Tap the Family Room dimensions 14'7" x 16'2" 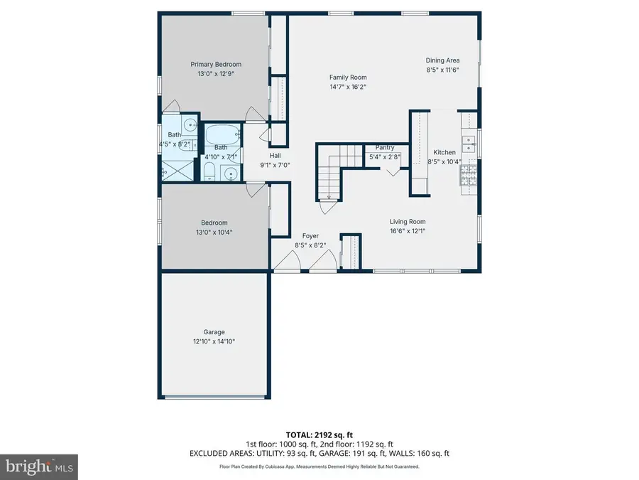(348, 86)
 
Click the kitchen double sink (469, 144)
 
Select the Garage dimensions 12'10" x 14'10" (214, 341)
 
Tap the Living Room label (407, 221)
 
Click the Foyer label (310, 235)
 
